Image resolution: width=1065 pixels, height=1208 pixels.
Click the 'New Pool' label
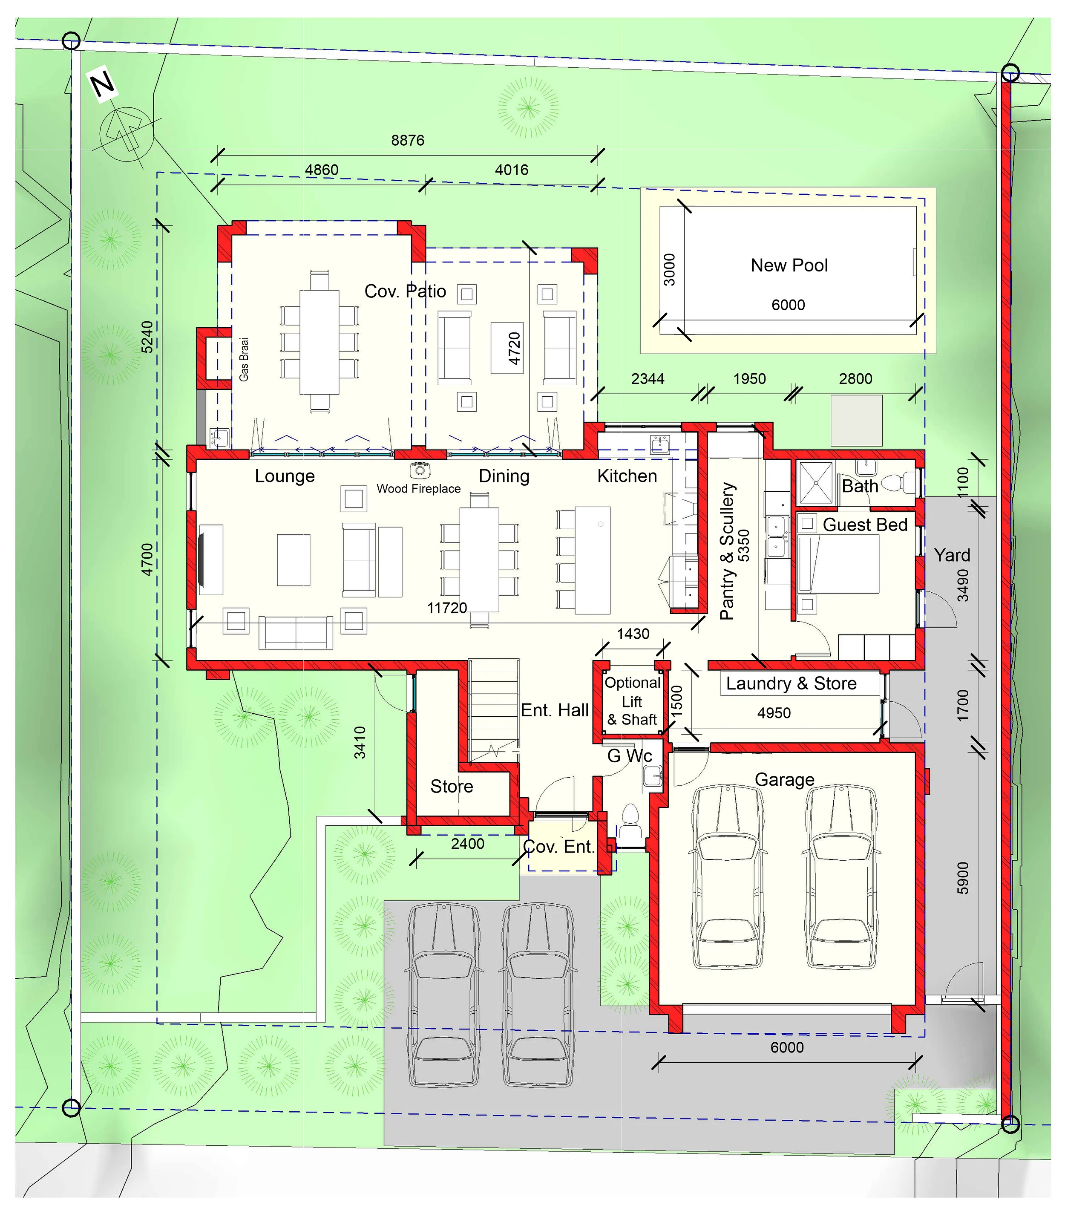789,265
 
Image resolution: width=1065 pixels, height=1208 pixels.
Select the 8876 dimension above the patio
408,141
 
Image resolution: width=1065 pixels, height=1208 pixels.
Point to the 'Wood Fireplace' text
418,489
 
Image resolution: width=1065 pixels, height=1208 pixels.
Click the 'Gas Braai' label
244,359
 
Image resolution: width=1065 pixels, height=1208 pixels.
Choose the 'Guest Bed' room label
865,525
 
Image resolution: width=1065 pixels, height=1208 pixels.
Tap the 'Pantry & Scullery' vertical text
727,551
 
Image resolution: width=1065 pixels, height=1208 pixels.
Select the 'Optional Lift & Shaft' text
632,701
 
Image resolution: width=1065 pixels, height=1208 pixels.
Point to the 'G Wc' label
630,756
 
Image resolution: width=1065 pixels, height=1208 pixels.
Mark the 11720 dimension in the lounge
447,608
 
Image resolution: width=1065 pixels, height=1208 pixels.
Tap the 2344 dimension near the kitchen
648,379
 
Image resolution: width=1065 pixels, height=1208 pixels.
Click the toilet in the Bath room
898,483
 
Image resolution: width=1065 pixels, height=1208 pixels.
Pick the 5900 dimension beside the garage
963,878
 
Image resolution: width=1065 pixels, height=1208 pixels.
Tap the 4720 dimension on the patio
514,348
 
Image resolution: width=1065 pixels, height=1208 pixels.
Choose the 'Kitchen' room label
627,476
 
